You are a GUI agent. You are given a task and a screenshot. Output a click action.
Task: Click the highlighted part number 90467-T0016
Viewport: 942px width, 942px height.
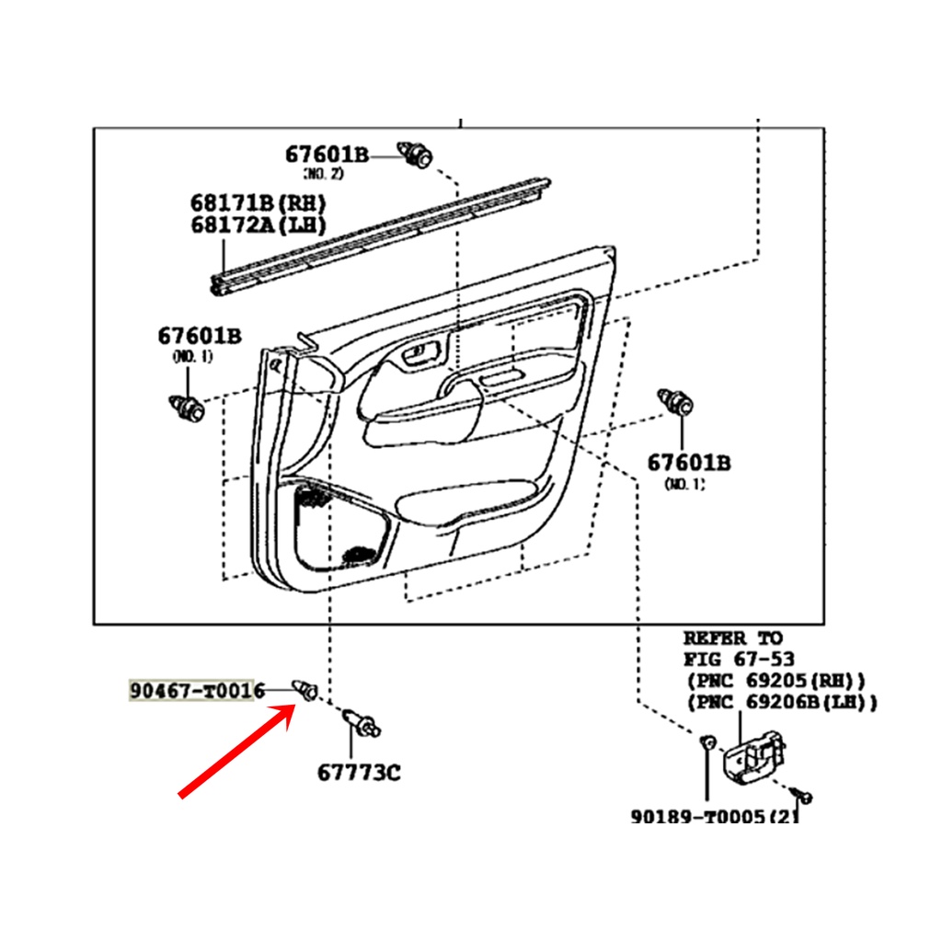(x=197, y=690)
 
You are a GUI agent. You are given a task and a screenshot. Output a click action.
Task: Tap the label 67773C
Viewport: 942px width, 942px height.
(x=359, y=773)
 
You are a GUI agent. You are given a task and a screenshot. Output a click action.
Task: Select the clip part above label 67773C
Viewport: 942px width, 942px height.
(x=361, y=723)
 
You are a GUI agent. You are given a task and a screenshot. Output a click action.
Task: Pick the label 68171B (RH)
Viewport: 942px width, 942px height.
(x=258, y=203)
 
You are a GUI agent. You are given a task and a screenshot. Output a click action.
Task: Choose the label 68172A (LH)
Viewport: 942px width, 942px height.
(x=258, y=225)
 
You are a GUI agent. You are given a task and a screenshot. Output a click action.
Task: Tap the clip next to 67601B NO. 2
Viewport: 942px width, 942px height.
(x=415, y=155)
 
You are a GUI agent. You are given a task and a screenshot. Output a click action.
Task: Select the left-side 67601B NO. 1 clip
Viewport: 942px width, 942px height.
(x=187, y=408)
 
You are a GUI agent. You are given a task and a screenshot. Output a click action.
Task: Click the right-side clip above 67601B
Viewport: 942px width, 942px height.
(x=676, y=403)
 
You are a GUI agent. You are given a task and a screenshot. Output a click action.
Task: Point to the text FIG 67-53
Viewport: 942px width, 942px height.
(x=739, y=659)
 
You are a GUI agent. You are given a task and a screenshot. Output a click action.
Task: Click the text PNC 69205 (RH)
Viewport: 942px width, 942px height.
(x=776, y=681)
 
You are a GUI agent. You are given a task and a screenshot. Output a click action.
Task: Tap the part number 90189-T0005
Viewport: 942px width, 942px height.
(x=697, y=816)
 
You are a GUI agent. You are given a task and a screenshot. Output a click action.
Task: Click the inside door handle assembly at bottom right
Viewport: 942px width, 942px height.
(x=754, y=758)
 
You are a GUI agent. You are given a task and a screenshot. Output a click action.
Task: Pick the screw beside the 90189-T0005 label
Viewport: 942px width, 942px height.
(x=801, y=796)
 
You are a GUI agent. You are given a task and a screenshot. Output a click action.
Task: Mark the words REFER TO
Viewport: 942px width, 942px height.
(x=733, y=638)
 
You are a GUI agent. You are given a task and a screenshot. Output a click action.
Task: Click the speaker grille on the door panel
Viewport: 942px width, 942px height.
(x=313, y=498)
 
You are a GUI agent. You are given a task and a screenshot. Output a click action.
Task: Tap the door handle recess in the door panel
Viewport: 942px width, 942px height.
(x=421, y=353)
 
